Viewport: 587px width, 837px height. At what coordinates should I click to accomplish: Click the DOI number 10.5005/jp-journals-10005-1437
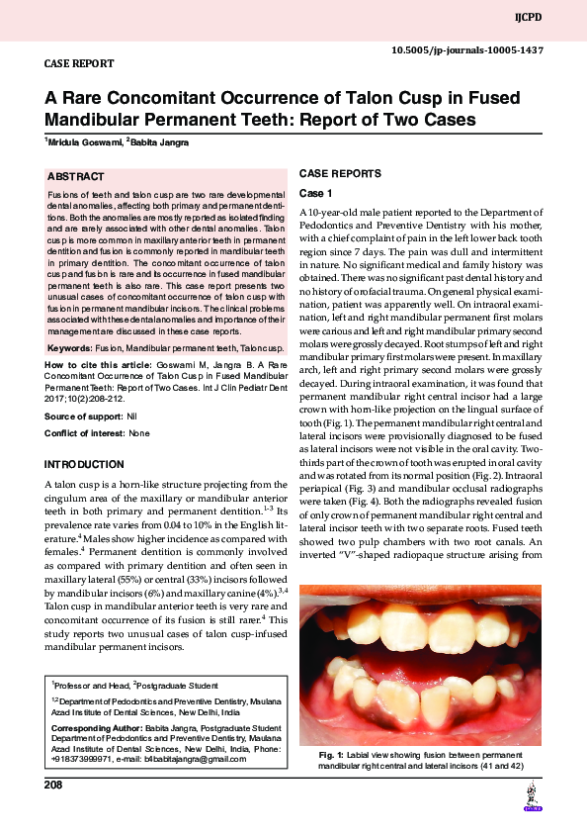467,48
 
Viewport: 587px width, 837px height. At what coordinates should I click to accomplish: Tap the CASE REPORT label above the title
79,63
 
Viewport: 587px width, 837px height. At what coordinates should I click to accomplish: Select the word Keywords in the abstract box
69,348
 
